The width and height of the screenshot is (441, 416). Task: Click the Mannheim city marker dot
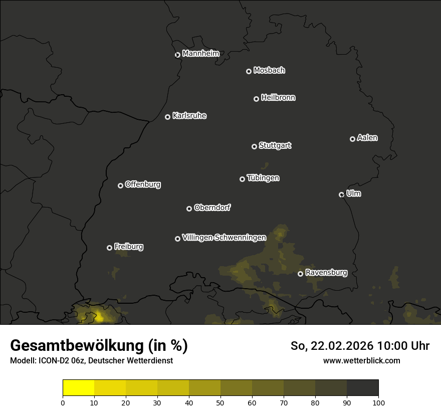click(177, 55)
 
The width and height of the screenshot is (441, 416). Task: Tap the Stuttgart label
click(275, 145)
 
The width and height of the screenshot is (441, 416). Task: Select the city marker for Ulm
click(341, 194)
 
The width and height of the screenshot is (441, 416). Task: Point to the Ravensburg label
click(326, 273)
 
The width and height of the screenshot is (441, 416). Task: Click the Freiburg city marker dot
click(109, 248)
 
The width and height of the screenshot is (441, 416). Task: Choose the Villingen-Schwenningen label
click(224, 238)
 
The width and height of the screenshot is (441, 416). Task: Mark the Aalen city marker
click(352, 139)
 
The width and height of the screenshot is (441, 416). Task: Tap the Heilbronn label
click(278, 98)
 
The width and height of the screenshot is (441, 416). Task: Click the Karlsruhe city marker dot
click(167, 117)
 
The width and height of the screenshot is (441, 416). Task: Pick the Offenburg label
click(143, 184)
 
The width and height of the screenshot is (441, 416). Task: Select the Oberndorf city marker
click(189, 209)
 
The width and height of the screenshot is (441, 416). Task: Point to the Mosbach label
click(269, 71)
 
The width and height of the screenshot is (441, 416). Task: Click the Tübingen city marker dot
click(242, 179)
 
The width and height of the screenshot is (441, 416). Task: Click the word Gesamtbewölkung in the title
click(75, 346)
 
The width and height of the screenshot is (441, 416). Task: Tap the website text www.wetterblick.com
click(361, 360)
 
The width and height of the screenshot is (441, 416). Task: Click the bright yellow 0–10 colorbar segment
click(79, 388)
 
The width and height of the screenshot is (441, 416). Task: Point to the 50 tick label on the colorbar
click(220, 402)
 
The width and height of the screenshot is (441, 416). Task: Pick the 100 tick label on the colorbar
click(378, 402)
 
